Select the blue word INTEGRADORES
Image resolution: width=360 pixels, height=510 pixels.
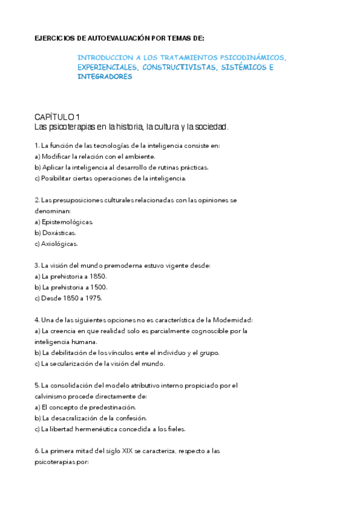(x=105, y=77)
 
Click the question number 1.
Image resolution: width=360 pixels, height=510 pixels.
(x=37, y=146)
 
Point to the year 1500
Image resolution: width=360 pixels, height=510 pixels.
(x=99, y=287)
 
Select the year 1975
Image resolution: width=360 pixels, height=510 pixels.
(x=93, y=298)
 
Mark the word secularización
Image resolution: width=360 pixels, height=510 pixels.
(x=78, y=363)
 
